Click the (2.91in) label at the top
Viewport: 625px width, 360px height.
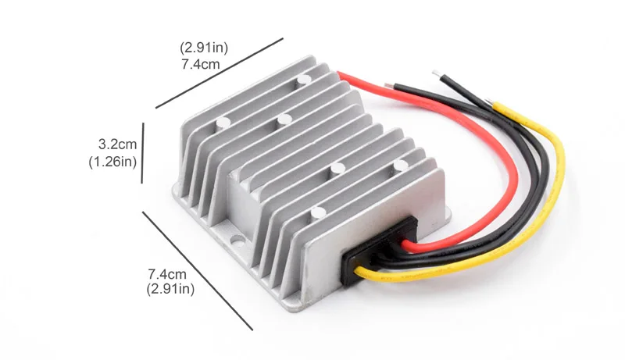click(x=204, y=48)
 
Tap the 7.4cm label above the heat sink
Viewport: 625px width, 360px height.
click(x=201, y=64)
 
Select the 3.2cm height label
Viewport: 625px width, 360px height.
click(x=117, y=144)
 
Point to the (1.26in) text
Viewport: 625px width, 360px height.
click(x=112, y=162)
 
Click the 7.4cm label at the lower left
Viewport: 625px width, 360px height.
click(x=167, y=274)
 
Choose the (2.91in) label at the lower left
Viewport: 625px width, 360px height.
click(x=170, y=289)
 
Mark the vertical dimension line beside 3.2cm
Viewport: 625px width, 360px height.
click(x=142, y=153)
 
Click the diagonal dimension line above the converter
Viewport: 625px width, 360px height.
click(x=220, y=73)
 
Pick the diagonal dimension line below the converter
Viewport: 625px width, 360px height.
click(x=198, y=271)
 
